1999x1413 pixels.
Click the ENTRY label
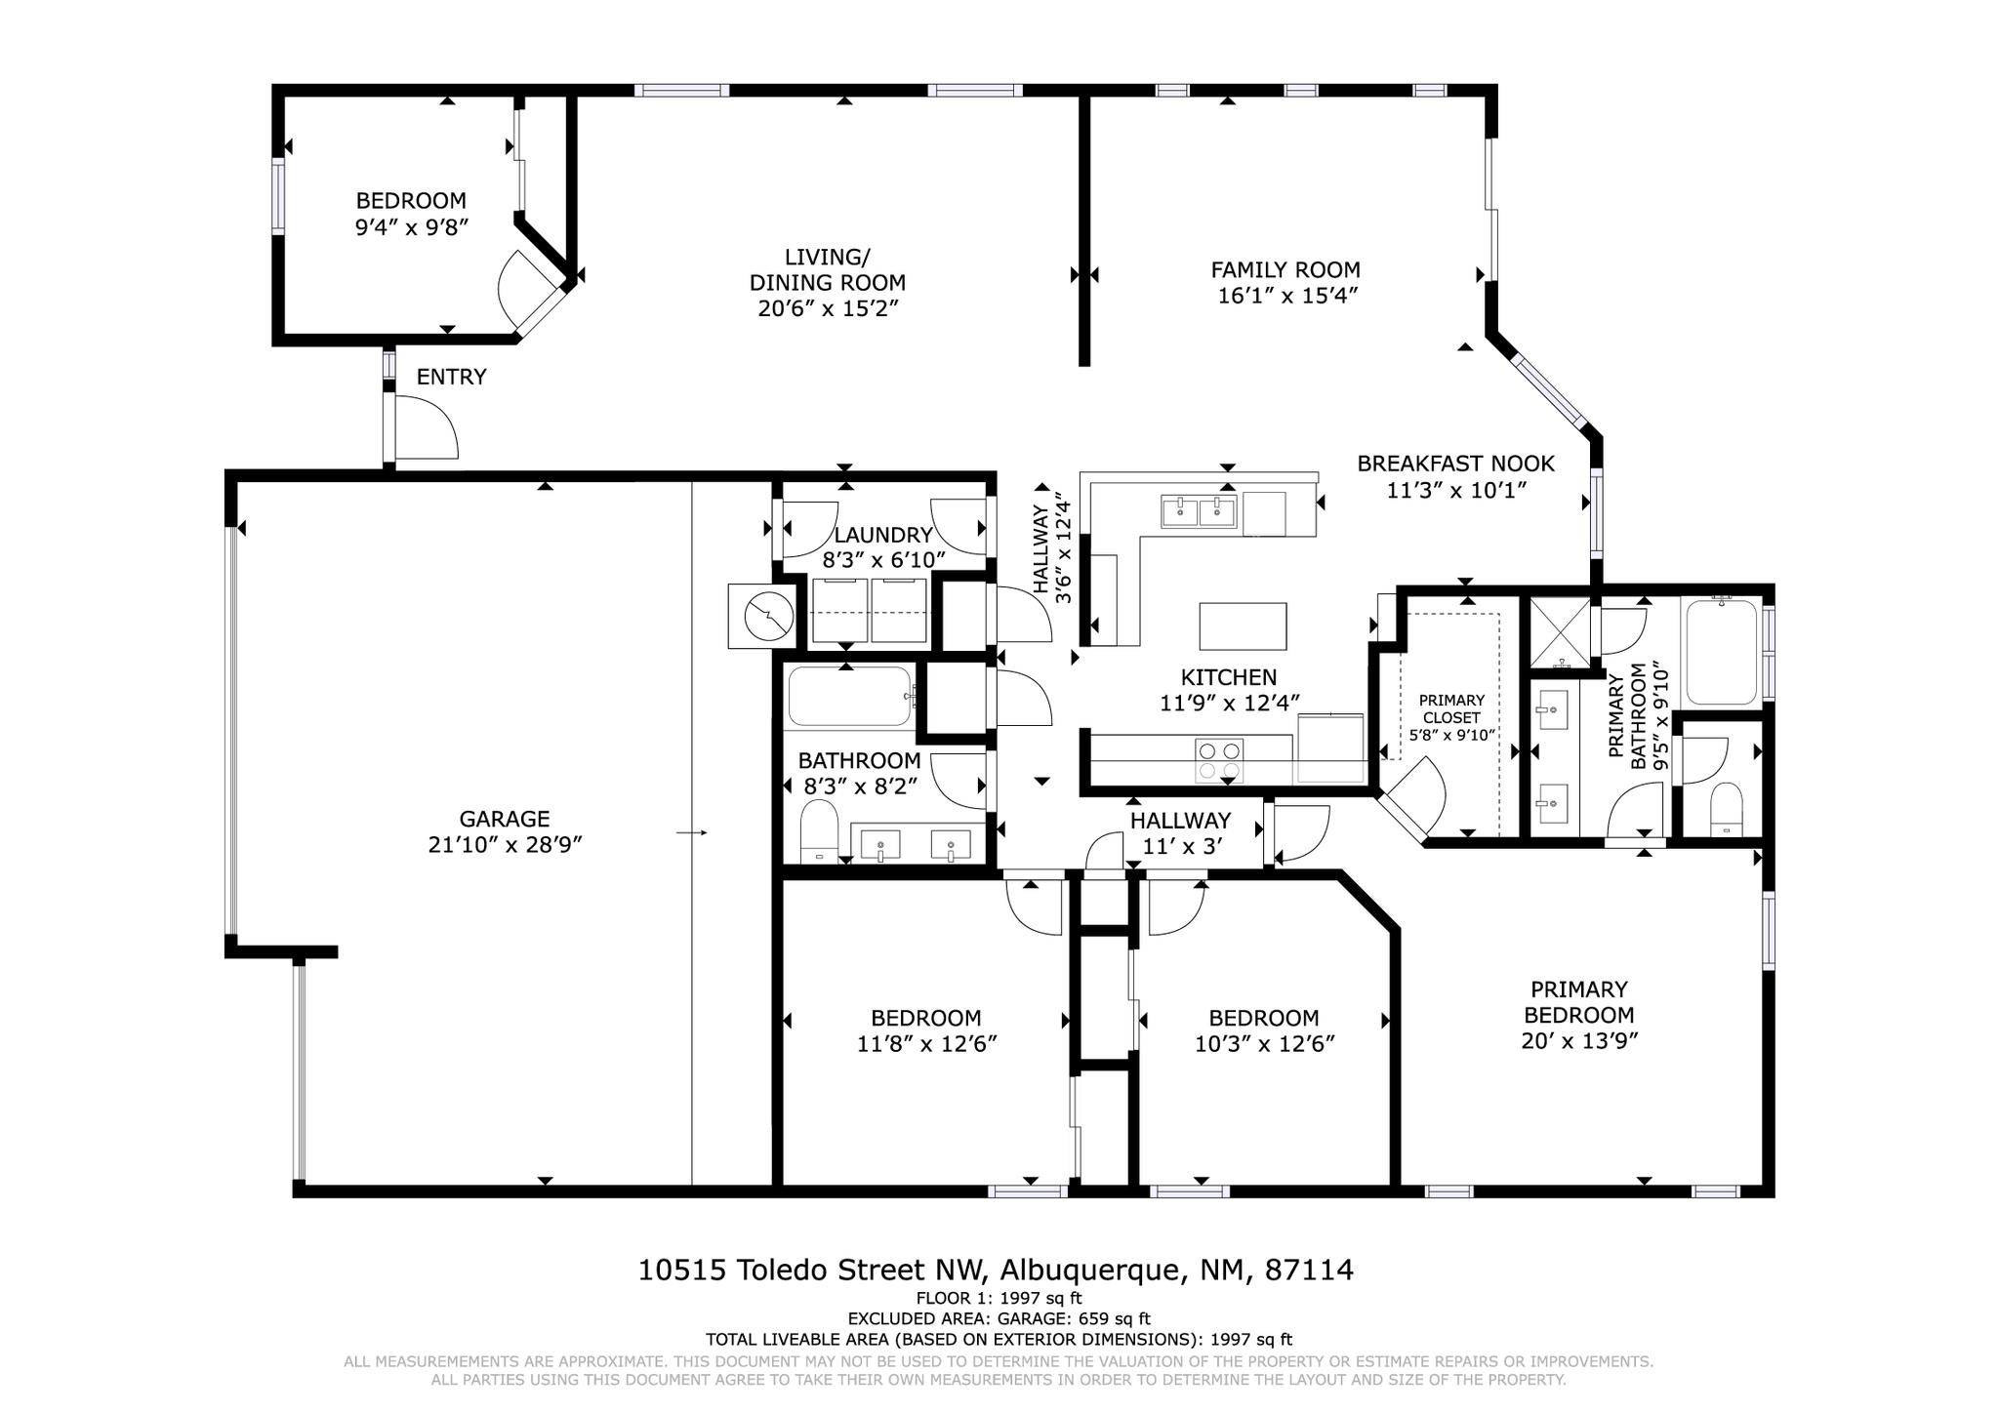coord(451,378)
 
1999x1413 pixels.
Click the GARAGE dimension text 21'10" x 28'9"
coord(505,845)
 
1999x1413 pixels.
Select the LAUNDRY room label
coord(883,535)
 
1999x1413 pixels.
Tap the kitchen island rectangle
coord(1243,626)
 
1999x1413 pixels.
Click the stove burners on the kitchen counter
coord(1219,761)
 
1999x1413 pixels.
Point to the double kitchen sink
coord(1199,510)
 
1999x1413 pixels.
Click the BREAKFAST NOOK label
coord(1455,464)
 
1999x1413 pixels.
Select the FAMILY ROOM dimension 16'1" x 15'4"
coord(1287,296)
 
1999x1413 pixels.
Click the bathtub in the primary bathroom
coord(1721,652)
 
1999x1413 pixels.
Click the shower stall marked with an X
coord(1559,629)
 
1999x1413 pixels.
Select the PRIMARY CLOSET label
coord(1451,708)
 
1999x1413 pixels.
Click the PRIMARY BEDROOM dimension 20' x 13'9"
coord(1578,1041)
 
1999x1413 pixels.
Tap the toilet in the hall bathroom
coord(819,829)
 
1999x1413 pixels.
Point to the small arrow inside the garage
coord(691,832)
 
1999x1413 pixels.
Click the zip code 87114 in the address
coord(1309,1271)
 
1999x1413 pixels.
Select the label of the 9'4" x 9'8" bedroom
coord(411,201)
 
